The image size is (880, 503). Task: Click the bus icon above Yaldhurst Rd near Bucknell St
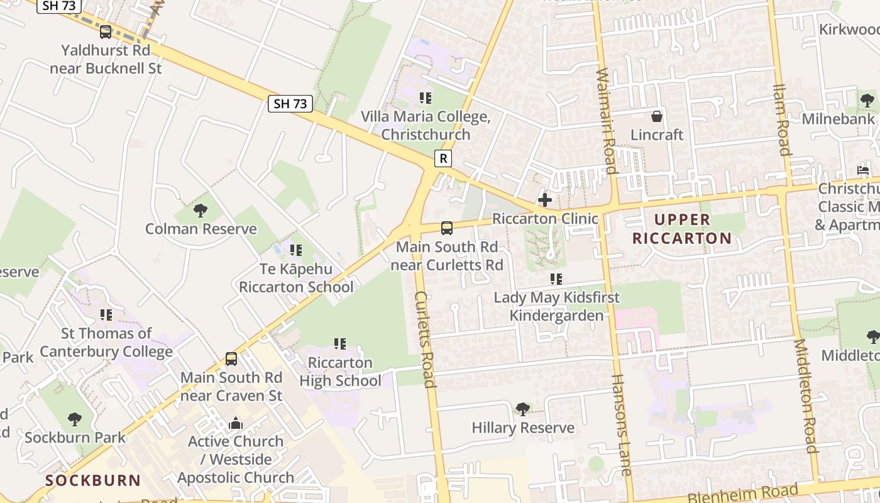point(106,31)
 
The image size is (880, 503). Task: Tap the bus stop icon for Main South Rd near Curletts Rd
point(447,228)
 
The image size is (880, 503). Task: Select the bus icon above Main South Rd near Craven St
point(231,359)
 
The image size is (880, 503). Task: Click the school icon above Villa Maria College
point(426,98)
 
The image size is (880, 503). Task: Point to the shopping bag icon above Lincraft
point(657,116)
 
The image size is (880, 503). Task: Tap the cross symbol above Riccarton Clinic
point(545,200)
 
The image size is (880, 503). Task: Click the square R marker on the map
point(443,158)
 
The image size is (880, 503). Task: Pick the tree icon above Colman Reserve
point(201,210)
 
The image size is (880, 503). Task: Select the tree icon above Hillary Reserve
point(522,409)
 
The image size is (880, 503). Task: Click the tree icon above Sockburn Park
point(75,419)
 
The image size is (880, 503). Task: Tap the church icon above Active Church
point(236,423)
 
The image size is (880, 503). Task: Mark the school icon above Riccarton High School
point(340,344)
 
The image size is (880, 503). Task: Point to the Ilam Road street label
point(782,119)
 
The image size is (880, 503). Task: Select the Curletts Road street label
point(425,340)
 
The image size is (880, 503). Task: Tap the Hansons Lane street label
point(621,424)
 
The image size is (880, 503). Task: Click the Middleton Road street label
point(806,396)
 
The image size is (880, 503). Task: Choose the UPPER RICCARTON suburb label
point(682,229)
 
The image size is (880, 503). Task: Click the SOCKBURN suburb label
point(93,480)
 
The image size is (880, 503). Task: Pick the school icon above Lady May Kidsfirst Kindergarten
point(556,279)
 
